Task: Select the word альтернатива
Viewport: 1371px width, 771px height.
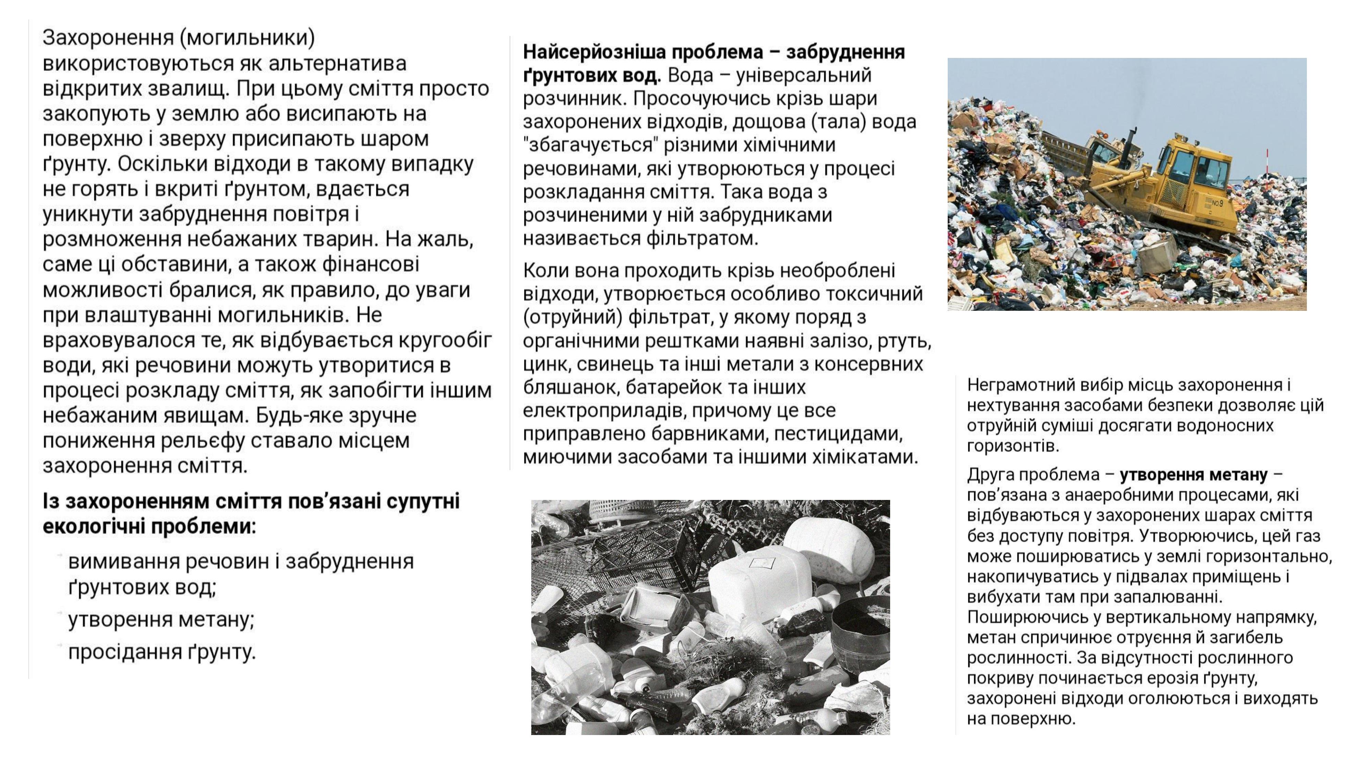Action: point(337,63)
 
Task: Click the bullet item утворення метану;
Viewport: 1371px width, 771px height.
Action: point(161,620)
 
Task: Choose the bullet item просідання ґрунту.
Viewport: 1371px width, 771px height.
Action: point(162,652)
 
